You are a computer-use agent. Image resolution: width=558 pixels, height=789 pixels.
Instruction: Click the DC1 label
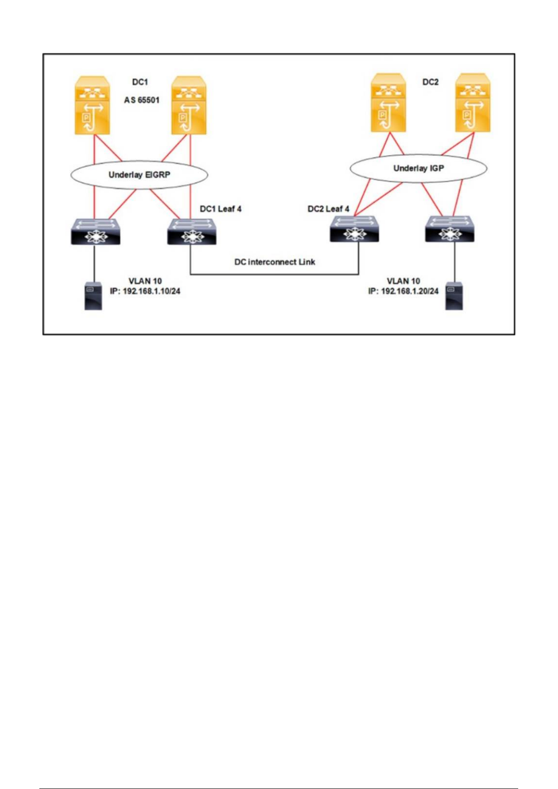140,82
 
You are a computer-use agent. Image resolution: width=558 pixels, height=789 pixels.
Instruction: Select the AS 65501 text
141,100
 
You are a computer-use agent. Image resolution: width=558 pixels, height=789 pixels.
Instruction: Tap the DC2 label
430,82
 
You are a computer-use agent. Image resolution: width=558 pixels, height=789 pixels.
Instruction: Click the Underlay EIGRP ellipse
139,175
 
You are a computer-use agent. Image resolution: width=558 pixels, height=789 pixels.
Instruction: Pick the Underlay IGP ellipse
418,168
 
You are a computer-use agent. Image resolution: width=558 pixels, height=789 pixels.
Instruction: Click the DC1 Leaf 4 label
221,209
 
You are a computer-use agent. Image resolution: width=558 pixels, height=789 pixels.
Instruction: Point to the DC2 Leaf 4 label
328,209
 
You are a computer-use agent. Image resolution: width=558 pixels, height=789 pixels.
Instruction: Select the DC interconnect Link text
275,262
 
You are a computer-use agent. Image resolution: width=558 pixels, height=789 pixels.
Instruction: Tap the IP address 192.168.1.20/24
403,291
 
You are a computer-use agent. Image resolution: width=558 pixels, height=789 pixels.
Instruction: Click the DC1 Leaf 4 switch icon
192,231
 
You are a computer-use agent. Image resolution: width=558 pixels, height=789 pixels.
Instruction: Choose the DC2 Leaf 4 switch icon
354,230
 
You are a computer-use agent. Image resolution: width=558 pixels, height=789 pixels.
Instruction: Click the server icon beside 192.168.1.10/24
93,296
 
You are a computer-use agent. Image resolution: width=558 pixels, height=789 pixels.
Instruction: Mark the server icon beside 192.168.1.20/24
454,296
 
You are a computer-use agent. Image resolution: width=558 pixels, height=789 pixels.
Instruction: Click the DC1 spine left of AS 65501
92,106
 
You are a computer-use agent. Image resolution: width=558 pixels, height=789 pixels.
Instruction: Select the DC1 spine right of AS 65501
189,106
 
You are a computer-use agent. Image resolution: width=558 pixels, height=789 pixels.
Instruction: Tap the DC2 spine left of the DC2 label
388,103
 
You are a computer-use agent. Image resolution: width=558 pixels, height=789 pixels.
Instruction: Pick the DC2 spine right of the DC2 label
473,103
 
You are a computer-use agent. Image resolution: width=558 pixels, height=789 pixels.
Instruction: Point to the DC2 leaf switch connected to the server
450,230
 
